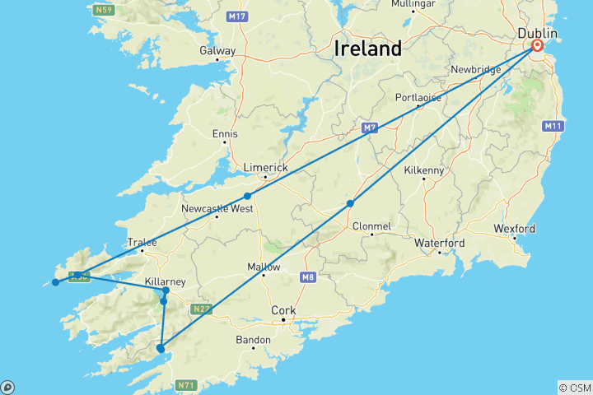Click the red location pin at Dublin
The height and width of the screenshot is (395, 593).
[537, 46]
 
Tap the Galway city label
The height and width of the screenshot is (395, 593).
[217, 50]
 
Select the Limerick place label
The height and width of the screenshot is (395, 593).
[264, 167]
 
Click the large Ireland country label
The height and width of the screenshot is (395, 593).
[368, 49]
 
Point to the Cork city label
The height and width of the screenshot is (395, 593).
[282, 310]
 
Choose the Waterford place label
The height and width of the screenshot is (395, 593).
[439, 243]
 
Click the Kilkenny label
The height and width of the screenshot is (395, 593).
[424, 170]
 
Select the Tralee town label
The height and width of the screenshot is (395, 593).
[142, 242]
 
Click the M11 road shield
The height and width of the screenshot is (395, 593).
[552, 126]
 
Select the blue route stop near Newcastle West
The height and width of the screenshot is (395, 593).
[247, 196]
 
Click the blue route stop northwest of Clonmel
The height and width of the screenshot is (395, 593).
[350, 203]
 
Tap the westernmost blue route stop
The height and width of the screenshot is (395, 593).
[55, 282]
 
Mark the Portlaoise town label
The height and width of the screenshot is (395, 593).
[417, 97]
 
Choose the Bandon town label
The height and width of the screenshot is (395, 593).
[253, 340]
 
